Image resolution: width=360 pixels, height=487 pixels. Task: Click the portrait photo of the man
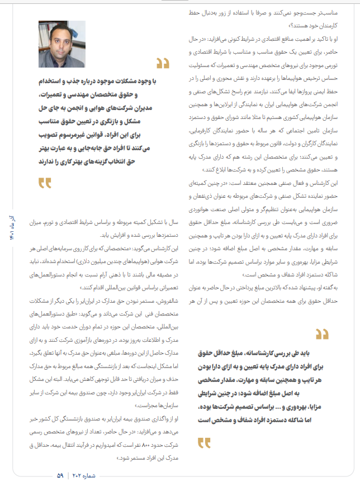[x=62, y=45]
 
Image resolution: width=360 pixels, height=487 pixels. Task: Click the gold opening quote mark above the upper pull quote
[x=162, y=63]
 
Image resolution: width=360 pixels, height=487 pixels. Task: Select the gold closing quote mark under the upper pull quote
[x=45, y=182]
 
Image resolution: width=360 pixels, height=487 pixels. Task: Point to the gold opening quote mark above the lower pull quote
[x=321, y=335]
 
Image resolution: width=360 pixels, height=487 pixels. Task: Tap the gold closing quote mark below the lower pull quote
[x=205, y=443]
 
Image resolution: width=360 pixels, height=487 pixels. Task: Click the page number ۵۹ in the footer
[x=60, y=475]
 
